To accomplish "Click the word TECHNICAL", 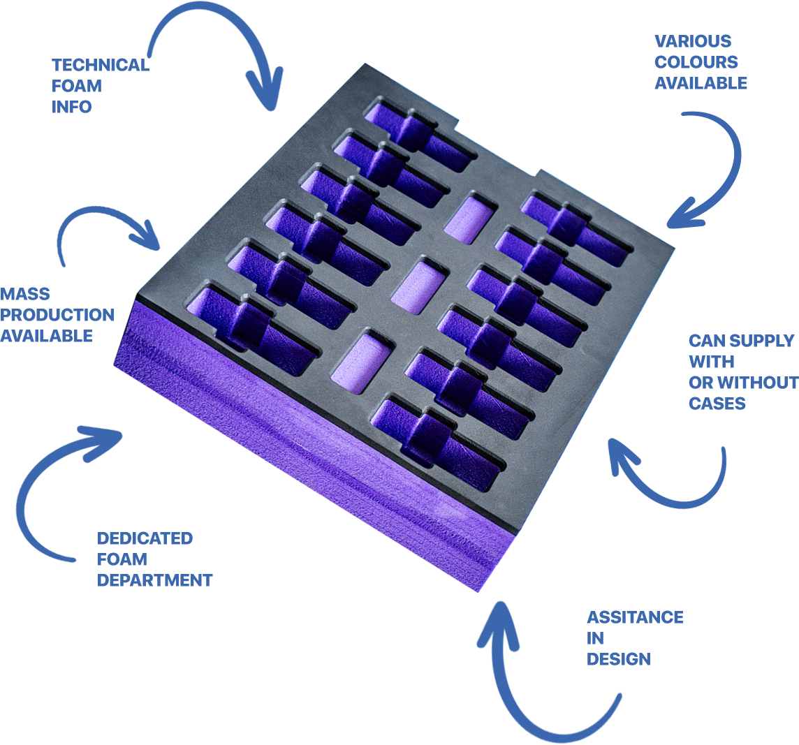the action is [101, 65].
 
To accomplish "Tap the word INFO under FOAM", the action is [71, 107].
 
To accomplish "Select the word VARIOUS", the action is [693, 41].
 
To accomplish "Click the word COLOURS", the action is [696, 62].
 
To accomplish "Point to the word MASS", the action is [25, 294].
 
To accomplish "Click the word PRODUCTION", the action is [57, 315].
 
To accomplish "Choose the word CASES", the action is [717, 404].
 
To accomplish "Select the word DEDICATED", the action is [145, 538].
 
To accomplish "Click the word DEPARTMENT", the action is [154, 580].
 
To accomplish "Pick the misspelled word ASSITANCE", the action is [635, 618].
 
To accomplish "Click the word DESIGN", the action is [619, 659].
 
